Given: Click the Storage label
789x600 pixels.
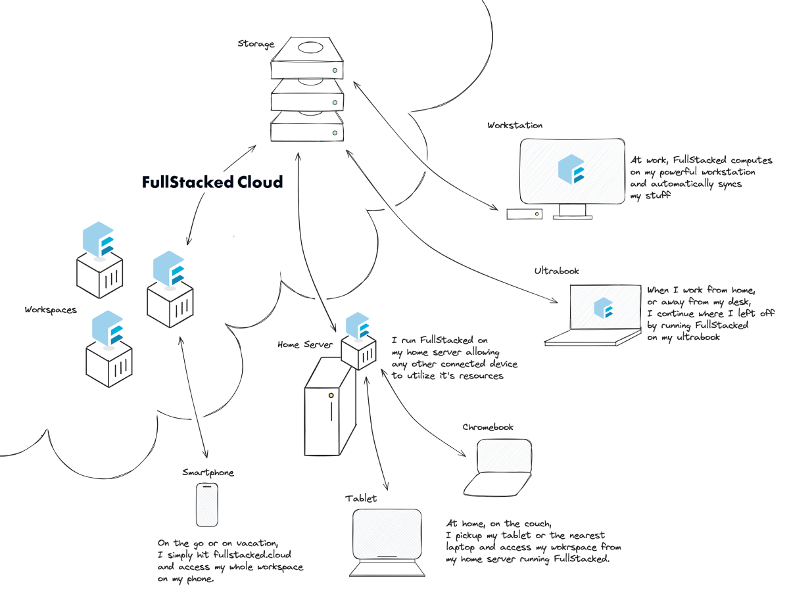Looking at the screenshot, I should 256,44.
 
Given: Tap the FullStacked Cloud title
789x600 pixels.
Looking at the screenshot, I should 212,182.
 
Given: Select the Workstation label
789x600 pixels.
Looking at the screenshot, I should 515,125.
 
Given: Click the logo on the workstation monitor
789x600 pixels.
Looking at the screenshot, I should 571,169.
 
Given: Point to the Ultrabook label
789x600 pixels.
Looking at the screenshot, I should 557,270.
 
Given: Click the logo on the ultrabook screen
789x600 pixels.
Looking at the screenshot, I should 603,308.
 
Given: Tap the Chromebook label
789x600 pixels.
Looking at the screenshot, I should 487,427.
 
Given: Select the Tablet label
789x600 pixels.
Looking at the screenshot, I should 361,498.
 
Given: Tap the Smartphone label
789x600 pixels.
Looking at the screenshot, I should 208,473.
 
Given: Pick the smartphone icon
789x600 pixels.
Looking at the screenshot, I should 207,505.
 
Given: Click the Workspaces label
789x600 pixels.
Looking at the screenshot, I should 51,310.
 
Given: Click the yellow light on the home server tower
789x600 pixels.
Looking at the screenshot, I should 331,396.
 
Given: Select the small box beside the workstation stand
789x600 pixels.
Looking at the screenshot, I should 524,214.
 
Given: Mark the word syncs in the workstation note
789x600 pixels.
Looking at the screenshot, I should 727,184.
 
